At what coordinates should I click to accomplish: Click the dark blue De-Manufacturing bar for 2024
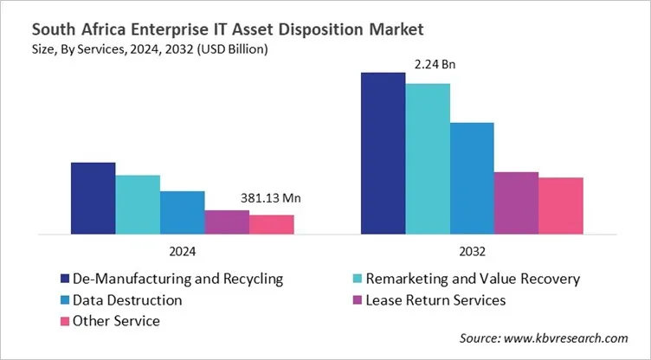[x=93, y=198]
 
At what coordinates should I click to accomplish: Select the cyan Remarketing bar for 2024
[x=138, y=204]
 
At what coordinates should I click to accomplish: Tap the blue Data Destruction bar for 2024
[x=182, y=212]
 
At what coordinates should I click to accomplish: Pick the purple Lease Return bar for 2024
[x=227, y=222]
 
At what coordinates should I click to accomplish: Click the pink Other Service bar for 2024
[x=272, y=224]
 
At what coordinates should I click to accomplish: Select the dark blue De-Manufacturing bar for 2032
[x=383, y=153]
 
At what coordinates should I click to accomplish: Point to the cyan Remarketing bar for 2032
[x=428, y=158]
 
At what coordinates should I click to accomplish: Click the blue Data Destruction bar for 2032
[x=472, y=178]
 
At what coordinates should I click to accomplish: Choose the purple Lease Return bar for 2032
[x=516, y=202]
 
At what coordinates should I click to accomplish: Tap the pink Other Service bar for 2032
[x=561, y=205]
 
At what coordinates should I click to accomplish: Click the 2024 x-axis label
[x=182, y=251]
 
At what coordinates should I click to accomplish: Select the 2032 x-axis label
[x=472, y=251]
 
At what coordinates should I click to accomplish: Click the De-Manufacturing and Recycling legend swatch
[x=64, y=279]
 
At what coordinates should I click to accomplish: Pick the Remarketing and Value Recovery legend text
[x=473, y=279]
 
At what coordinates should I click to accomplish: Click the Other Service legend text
[x=117, y=321]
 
